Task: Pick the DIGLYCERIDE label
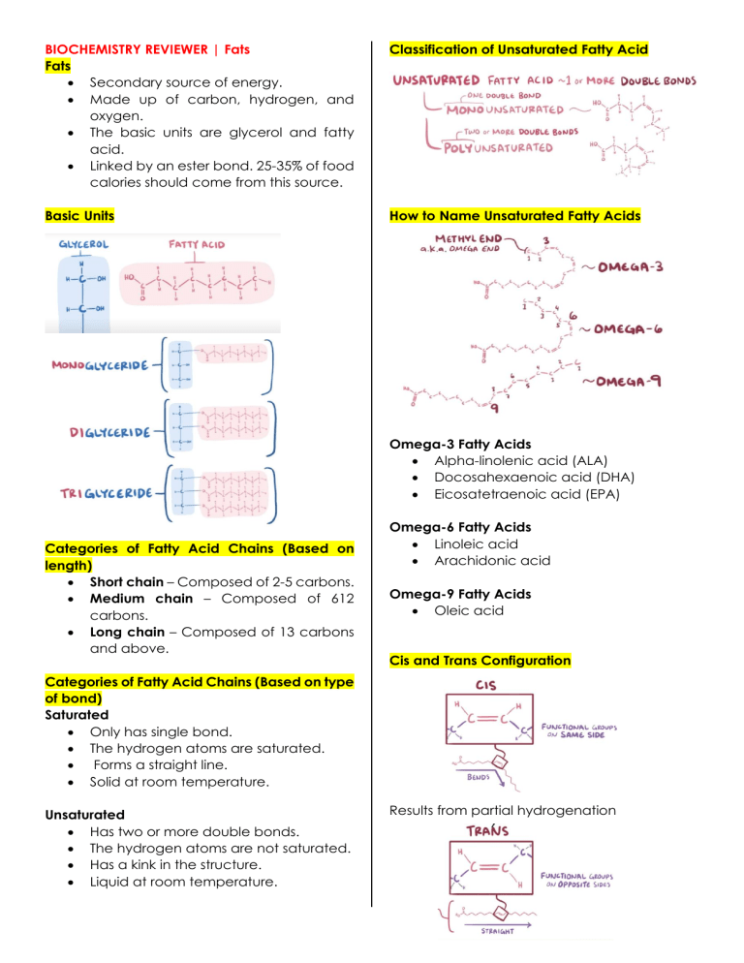[x=109, y=433]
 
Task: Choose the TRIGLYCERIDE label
[x=107, y=493]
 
